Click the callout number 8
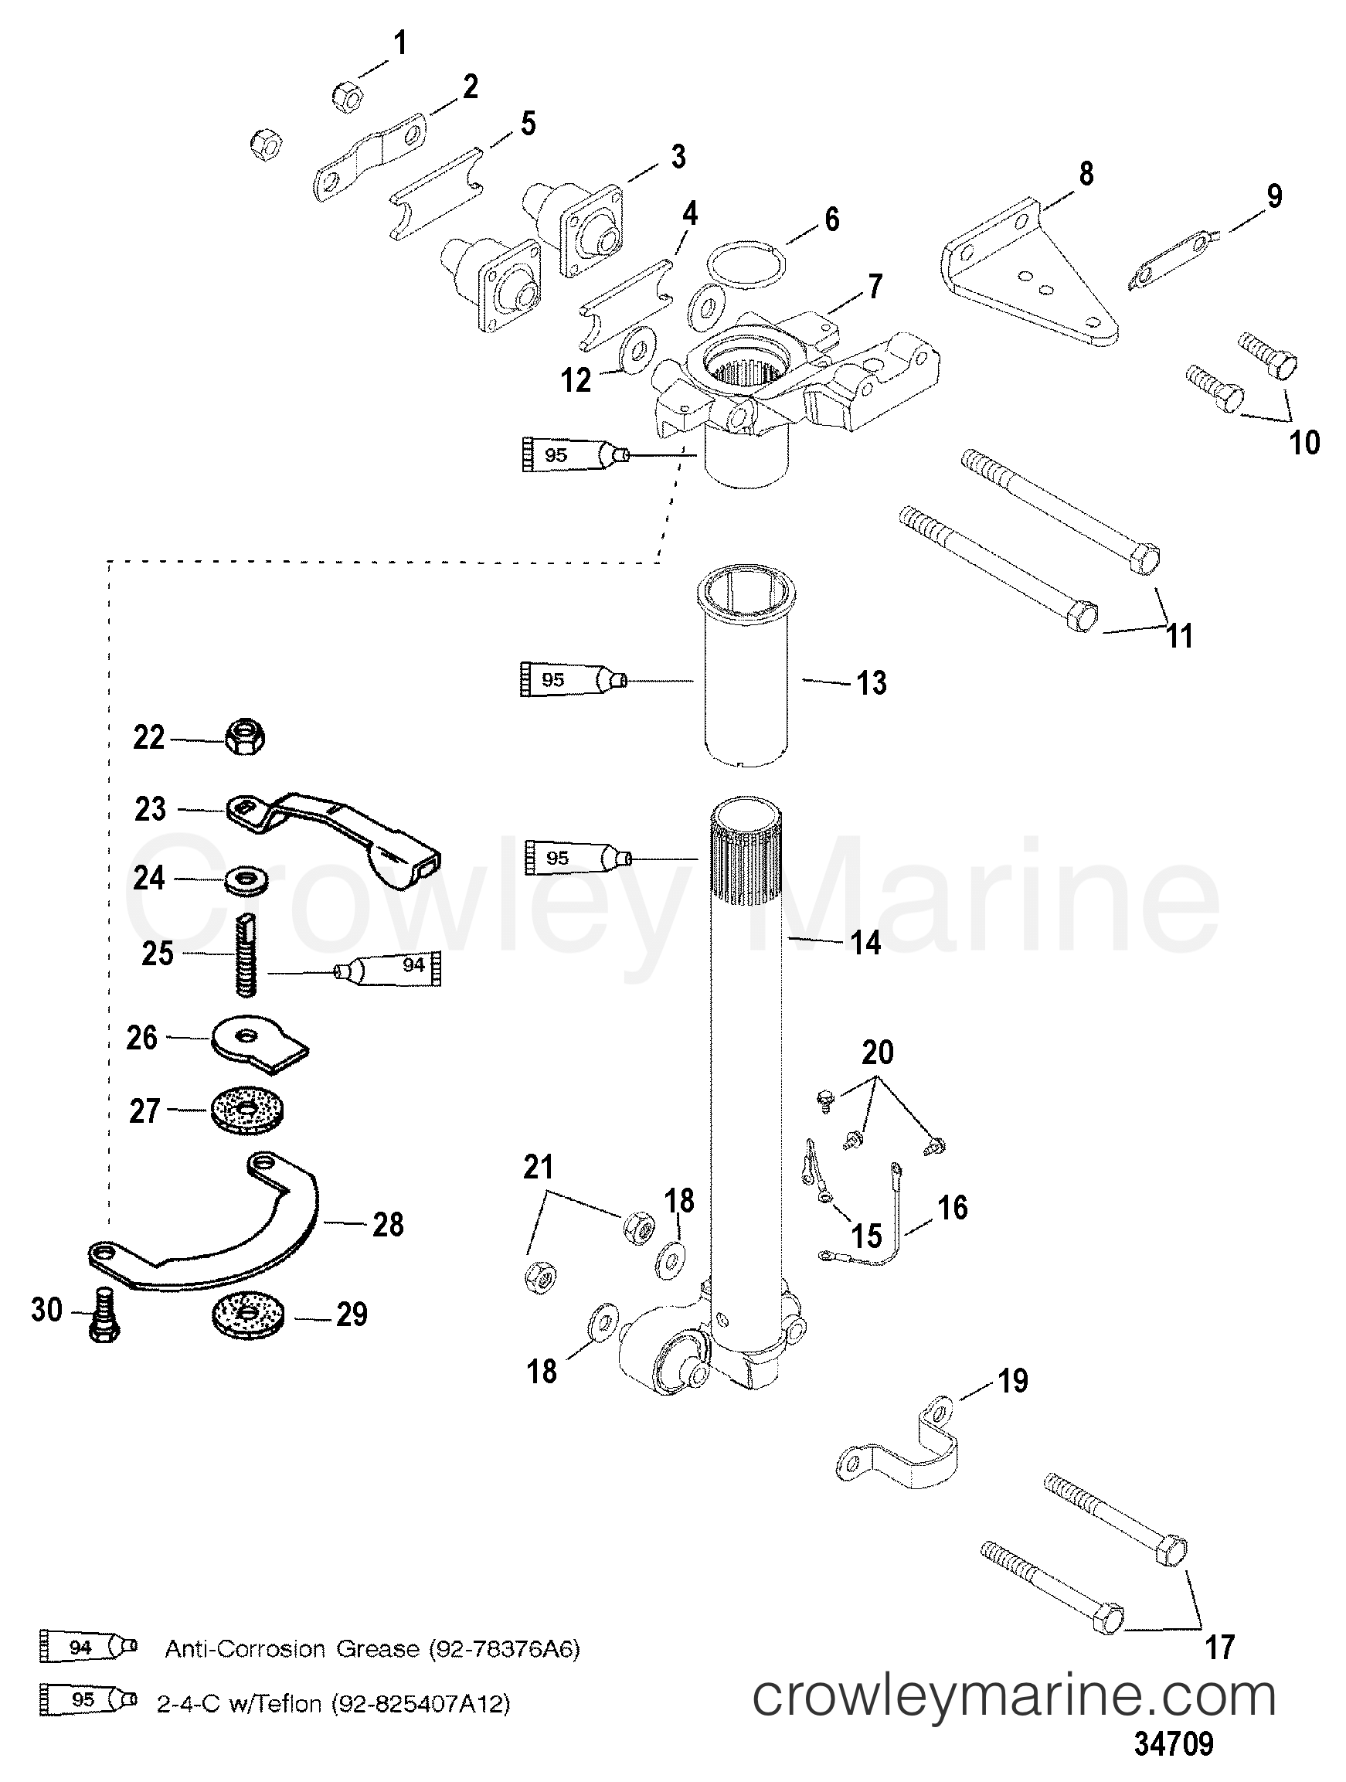1086,174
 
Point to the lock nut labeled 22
244,737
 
